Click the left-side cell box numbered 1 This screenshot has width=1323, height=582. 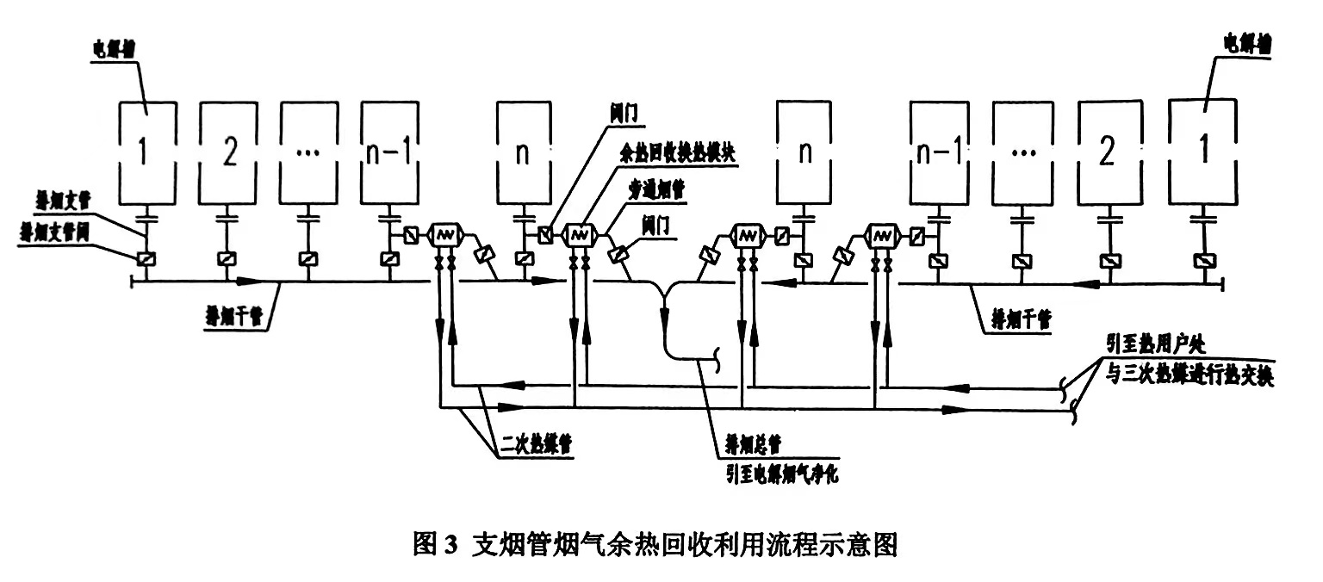pos(146,152)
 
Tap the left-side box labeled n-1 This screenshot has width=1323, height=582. pos(390,152)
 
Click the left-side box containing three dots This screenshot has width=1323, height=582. pos(309,152)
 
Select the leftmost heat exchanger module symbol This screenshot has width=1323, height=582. pos(446,234)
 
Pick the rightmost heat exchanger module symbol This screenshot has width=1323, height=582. pos(880,234)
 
